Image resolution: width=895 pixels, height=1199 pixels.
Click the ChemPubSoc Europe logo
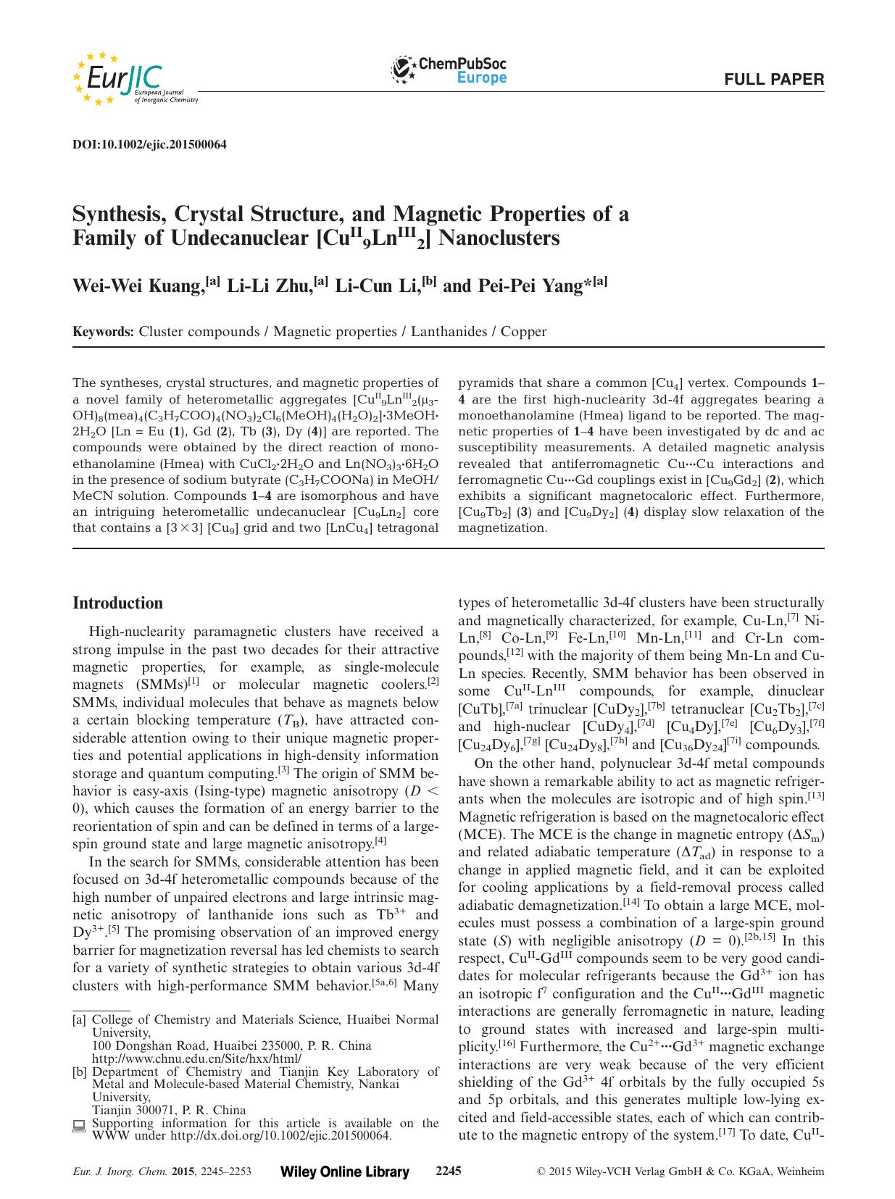449,70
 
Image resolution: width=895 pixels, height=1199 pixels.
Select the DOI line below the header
150,144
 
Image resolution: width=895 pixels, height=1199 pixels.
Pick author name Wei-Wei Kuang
138,286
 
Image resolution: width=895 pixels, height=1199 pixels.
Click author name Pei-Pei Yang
531,286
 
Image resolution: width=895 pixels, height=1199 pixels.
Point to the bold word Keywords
103,332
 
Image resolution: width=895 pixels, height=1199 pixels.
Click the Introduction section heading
118,603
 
